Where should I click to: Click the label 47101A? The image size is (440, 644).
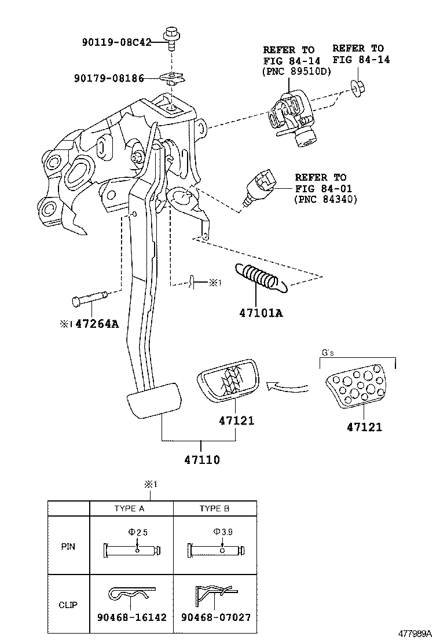(261, 313)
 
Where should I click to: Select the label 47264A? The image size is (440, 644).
(97, 324)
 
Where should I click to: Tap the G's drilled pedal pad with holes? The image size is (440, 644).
(354, 389)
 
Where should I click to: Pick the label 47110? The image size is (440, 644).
(202, 460)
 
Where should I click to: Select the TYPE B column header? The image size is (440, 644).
(214, 508)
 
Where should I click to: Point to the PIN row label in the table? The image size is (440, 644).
(68, 546)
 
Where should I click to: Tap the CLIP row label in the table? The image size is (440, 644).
(68, 605)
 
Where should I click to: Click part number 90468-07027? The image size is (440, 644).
(215, 617)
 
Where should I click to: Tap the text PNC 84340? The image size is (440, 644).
(326, 200)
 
